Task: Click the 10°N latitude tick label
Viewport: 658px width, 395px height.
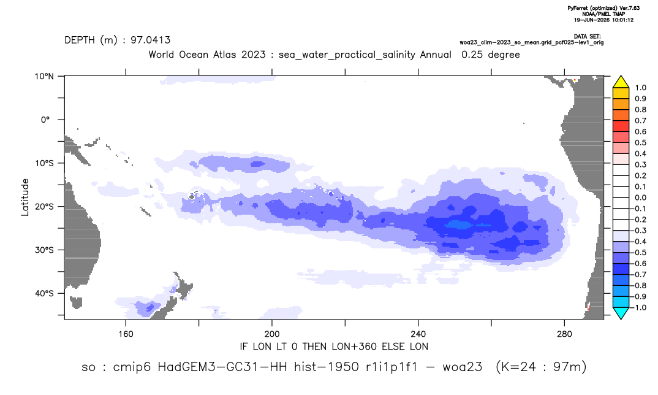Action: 44,77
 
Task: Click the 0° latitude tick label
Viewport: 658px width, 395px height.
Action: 45,120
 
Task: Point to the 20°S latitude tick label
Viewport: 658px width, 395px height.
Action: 44,206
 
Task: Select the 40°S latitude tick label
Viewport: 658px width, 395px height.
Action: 44,293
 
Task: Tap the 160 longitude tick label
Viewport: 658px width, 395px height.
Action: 126,334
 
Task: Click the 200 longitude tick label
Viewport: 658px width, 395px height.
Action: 272,334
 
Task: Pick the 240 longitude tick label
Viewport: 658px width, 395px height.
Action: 418,334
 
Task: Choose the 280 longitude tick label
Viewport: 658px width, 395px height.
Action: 564,334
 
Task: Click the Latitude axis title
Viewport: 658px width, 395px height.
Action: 25,197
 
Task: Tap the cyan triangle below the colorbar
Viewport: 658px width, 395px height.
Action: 621,313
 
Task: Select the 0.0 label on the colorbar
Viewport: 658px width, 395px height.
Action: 640,197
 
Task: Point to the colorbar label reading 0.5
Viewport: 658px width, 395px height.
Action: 640,142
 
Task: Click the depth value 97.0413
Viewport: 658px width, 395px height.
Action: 150,40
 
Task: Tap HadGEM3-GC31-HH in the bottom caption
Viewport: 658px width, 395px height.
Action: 222,367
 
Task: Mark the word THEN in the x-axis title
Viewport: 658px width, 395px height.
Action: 315,347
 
